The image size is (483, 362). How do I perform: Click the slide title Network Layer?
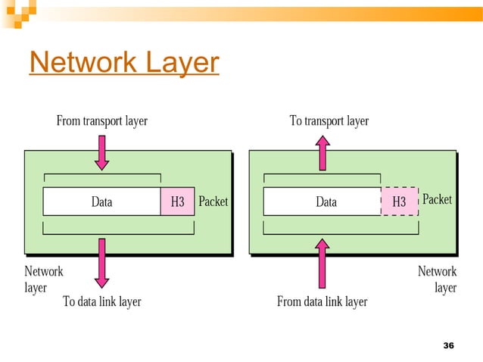coord(124,63)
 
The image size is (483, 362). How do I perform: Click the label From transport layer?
coord(102,120)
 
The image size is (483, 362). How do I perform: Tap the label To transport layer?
coord(329,120)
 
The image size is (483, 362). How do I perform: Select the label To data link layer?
coord(101,301)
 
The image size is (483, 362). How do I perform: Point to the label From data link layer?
coord(322,301)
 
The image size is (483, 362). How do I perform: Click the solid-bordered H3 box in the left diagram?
coord(177,202)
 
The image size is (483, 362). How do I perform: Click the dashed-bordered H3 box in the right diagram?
coord(399,202)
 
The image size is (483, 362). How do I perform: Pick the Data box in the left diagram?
coord(101,202)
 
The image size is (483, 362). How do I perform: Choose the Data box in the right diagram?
coord(326,202)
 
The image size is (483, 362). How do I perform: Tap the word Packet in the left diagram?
coord(213,202)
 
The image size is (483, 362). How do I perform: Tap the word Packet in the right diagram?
coord(437,199)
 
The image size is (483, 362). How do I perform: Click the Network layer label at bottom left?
coord(43,279)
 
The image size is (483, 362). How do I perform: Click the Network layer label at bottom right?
coord(438,279)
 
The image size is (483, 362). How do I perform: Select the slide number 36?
coord(447,346)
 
